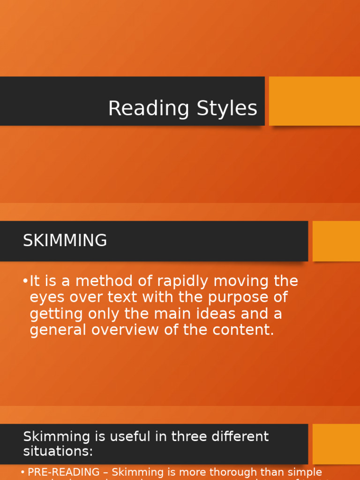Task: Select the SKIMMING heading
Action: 65,241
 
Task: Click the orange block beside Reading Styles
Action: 314,101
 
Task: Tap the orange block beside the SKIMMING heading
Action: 336,241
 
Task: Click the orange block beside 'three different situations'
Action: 336,443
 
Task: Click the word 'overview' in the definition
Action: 124,330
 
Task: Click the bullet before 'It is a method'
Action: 25,281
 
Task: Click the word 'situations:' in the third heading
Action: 58,451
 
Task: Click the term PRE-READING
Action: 64,472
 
